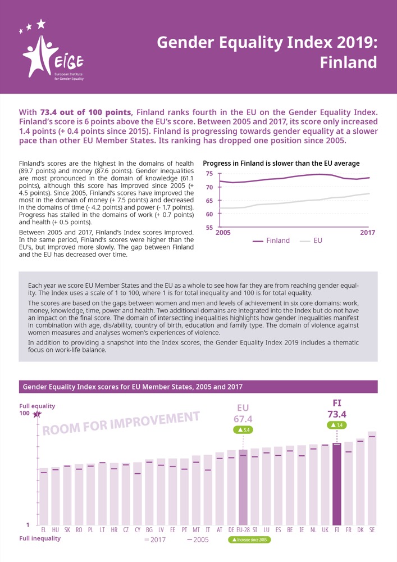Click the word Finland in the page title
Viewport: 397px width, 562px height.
click(x=348, y=62)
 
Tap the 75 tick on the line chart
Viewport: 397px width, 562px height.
click(x=209, y=174)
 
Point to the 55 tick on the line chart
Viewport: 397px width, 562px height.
click(x=209, y=228)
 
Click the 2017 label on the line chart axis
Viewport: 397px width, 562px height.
click(x=367, y=233)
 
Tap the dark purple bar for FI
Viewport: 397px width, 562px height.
click(x=337, y=483)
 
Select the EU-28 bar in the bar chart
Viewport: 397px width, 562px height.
click(x=243, y=487)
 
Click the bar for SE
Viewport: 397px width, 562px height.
click(x=372, y=478)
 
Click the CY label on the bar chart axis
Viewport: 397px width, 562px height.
click(x=138, y=529)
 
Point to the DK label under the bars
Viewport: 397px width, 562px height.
click(x=360, y=529)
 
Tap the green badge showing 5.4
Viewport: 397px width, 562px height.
click(x=244, y=430)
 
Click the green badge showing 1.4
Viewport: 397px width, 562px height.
click(x=337, y=425)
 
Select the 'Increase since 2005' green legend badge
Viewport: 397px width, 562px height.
click(x=250, y=540)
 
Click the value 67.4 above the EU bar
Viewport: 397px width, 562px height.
click(x=244, y=419)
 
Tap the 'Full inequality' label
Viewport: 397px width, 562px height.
click(x=40, y=538)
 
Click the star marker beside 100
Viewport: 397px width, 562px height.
click(x=37, y=414)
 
